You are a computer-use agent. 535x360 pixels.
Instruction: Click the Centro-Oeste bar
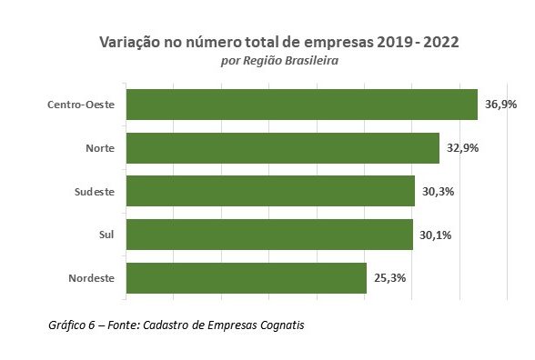click(301, 105)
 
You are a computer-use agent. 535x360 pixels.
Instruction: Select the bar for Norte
click(282, 148)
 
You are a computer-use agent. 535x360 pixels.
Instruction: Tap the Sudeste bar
click(270, 192)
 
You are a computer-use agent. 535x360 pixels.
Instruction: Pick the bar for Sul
click(269, 235)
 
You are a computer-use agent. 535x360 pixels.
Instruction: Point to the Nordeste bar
click(246, 278)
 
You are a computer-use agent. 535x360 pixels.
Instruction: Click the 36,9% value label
click(500, 105)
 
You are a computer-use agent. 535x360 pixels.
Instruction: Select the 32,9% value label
click(463, 148)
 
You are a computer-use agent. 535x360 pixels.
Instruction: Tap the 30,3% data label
click(439, 192)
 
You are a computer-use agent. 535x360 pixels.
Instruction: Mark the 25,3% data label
click(390, 278)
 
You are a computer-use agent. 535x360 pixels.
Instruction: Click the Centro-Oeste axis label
click(81, 105)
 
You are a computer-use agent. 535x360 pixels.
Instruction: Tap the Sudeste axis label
click(94, 192)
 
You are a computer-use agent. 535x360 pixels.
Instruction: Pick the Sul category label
click(106, 235)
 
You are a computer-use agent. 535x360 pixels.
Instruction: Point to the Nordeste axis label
click(91, 278)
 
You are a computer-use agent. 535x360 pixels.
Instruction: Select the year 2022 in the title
click(439, 43)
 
